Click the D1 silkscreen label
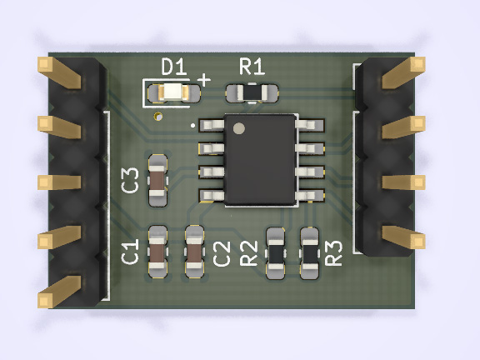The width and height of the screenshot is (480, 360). (174, 67)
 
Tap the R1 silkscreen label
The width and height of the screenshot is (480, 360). (252, 67)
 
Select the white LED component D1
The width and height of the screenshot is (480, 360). (172, 92)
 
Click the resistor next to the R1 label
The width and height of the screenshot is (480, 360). (252, 92)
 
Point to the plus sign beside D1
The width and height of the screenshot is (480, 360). (204, 80)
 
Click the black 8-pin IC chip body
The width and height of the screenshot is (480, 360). (260, 159)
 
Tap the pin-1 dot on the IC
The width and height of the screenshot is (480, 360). (239, 128)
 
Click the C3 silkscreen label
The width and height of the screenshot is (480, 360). (130, 180)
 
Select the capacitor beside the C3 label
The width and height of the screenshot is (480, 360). (158, 180)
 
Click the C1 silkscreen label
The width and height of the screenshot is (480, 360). (130, 252)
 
